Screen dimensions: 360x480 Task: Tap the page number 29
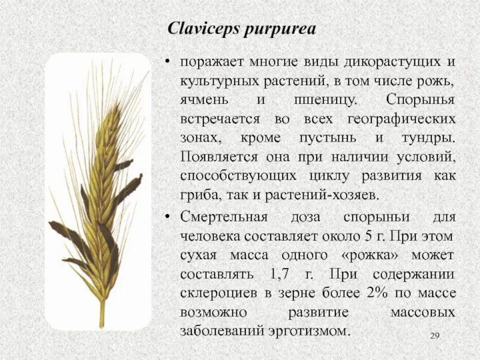(x=436, y=334)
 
